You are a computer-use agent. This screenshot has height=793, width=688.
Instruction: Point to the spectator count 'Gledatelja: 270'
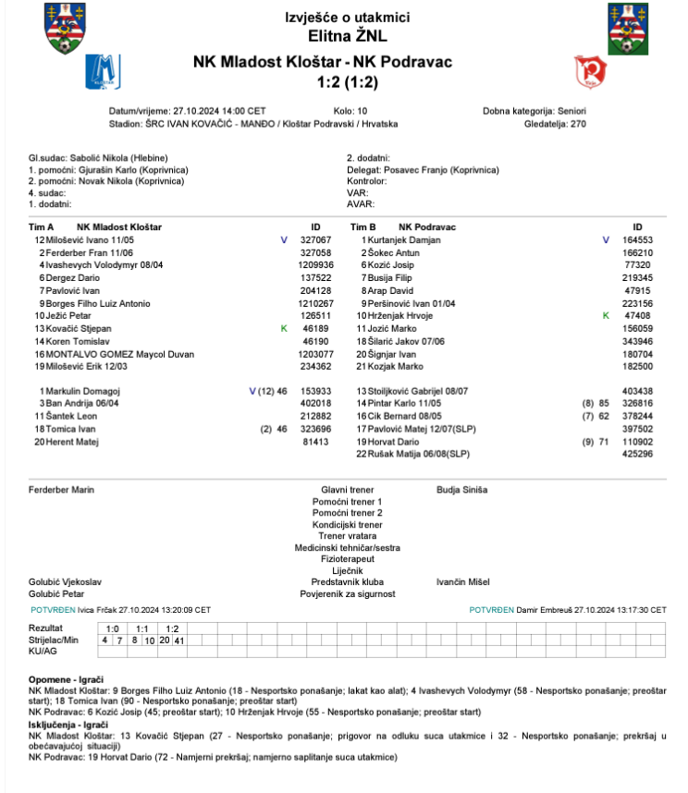[x=555, y=123]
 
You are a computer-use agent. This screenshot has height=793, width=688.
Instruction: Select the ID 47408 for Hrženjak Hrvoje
[x=640, y=315]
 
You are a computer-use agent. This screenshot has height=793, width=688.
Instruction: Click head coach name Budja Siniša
[x=461, y=490]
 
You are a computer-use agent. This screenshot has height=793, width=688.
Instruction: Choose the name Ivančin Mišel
[x=463, y=582]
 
